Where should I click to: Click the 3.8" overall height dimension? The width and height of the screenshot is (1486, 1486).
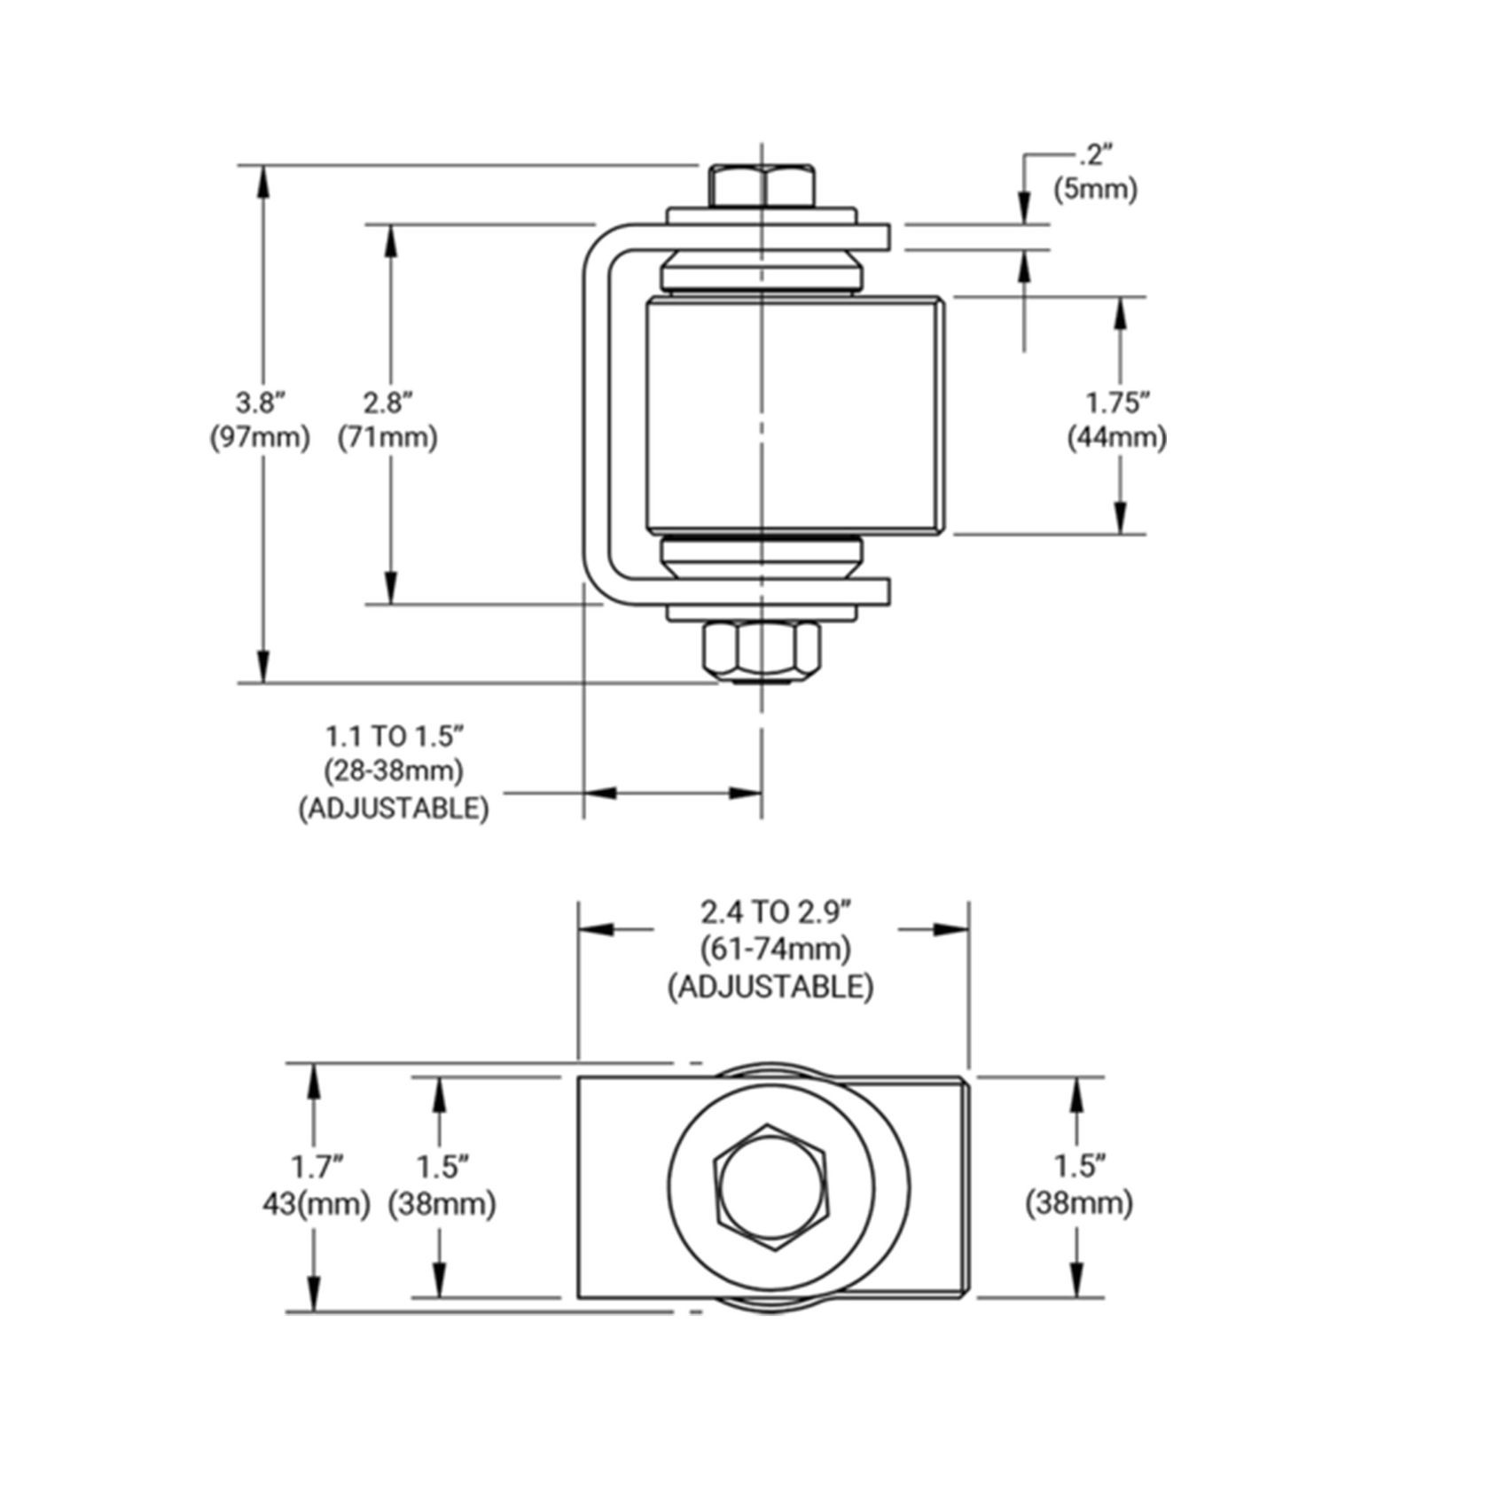point(260,403)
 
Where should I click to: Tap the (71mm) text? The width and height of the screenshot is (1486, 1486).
point(388,438)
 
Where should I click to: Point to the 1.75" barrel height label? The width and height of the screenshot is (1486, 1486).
point(1118,403)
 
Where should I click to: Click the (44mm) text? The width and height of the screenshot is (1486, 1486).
point(1117,438)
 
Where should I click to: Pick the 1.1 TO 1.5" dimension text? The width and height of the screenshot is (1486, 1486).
point(395,736)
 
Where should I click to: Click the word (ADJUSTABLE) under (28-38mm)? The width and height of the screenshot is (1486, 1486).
point(394,808)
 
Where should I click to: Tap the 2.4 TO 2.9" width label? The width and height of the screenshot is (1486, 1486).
point(776,911)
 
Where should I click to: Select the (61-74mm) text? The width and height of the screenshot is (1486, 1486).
point(776,949)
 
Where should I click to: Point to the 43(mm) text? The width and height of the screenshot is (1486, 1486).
point(316,1204)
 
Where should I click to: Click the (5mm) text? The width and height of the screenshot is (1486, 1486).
point(1095,190)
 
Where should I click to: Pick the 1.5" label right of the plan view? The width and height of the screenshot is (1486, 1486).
point(1080,1167)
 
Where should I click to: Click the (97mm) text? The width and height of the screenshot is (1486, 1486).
point(260,438)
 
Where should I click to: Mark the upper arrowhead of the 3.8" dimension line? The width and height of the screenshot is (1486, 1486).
point(262,183)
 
